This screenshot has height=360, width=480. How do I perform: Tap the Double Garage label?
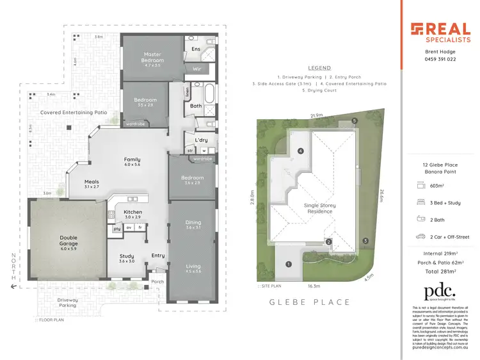click(x=68, y=238)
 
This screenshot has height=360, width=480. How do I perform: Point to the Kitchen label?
click(x=132, y=212)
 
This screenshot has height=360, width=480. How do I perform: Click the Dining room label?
click(x=193, y=224)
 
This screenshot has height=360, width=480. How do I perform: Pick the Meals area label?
click(x=92, y=181)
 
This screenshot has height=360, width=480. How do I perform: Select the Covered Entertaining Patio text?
click(x=73, y=113)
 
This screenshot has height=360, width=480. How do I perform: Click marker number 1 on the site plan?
click(x=289, y=264)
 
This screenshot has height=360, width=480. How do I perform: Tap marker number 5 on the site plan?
click(x=354, y=120)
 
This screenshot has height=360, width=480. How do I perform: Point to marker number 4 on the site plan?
click(x=300, y=152)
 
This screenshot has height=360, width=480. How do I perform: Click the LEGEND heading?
click(x=319, y=68)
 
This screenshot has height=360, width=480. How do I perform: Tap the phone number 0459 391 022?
click(x=440, y=59)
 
